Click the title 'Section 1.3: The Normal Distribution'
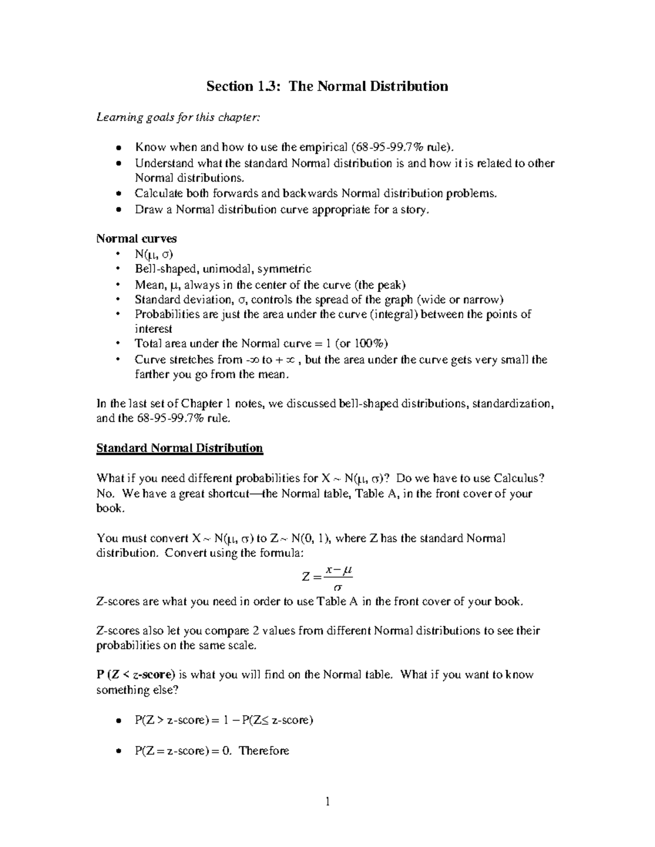[x=327, y=86]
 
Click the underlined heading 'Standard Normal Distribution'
[x=180, y=448]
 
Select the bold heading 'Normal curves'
[x=136, y=238]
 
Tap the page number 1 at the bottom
[x=327, y=801]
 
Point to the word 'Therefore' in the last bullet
[x=264, y=750]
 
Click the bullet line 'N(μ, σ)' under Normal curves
[x=154, y=254]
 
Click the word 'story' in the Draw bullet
[x=414, y=209]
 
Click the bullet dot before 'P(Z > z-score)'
[x=118, y=721]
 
